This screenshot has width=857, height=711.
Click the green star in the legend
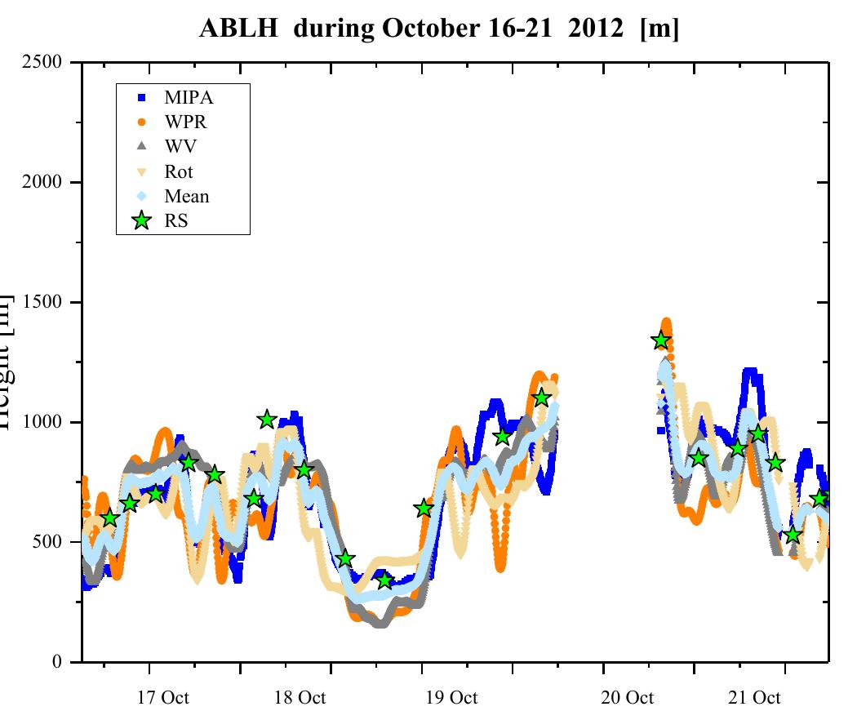point(142,220)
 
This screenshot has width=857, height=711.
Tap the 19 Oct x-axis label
point(451,698)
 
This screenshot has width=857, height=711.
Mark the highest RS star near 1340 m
point(661,340)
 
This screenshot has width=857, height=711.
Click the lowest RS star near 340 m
point(385,580)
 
